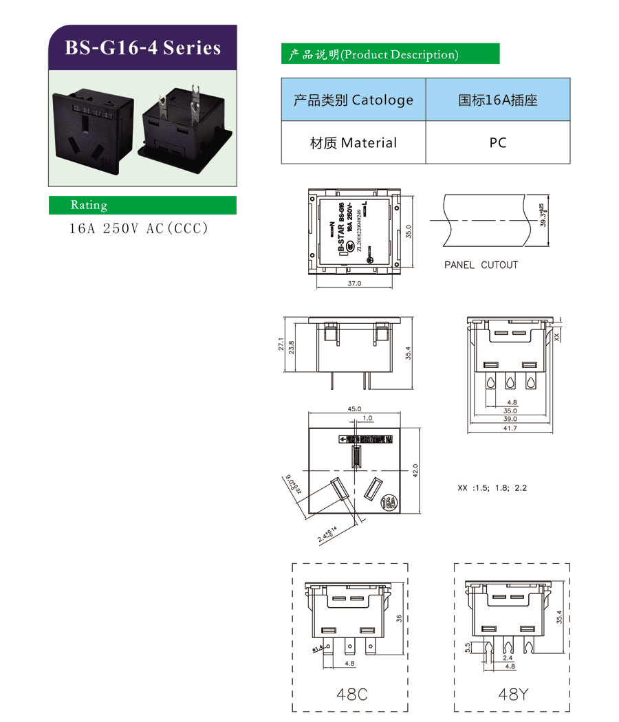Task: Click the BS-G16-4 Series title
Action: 142,47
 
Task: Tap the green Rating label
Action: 89,205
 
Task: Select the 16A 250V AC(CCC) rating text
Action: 138,228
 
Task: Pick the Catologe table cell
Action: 354,100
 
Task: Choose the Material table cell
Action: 354,143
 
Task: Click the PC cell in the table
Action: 498,143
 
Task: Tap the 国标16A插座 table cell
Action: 498,100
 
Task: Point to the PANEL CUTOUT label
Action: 481,265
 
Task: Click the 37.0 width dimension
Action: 354,282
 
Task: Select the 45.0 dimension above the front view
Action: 354,408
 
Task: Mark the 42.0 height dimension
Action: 415,470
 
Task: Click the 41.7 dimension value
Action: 510,428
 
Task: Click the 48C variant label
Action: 351,694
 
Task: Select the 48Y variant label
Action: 513,694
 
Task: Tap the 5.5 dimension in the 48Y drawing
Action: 468,647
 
